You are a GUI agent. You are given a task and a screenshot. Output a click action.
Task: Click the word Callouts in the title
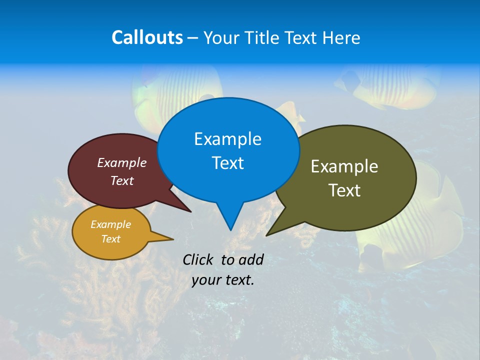(147, 37)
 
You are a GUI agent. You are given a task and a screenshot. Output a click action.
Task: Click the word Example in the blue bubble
(227, 138)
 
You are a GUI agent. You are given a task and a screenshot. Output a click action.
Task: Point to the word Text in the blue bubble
(227, 163)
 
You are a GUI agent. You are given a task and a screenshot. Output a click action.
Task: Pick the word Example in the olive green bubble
(344, 166)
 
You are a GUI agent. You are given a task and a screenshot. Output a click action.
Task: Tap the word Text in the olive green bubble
(344, 190)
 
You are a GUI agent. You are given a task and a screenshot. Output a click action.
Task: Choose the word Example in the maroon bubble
(122, 162)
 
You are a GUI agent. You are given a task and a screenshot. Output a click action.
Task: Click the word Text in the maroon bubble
(122, 180)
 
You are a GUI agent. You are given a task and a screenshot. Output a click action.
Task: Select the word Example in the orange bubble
(110, 224)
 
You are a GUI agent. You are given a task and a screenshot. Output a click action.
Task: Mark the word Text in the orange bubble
(110, 239)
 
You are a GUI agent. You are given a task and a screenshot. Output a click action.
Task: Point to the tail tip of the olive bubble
(267, 234)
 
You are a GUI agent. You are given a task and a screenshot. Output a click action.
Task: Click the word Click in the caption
(198, 259)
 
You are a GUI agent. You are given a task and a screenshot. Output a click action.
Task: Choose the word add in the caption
(251, 259)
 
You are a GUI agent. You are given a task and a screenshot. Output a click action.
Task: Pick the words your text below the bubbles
(223, 280)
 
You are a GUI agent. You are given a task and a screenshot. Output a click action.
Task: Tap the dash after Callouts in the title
(193, 37)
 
